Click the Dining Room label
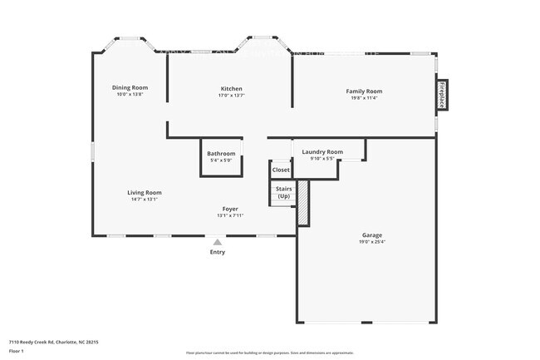pyautogui.click(x=130, y=87)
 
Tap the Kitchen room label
pyautogui.click(x=232, y=89)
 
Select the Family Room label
pyautogui.click(x=364, y=91)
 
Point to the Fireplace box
pyautogui.click(x=442, y=96)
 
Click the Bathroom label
pyautogui.click(x=221, y=154)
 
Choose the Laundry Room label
pyautogui.click(x=322, y=152)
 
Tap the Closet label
pyautogui.click(x=281, y=170)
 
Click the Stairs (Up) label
pyautogui.click(x=283, y=192)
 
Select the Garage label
pyautogui.click(x=371, y=235)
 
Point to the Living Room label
pyautogui.click(x=145, y=192)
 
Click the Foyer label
pyautogui.click(x=230, y=209)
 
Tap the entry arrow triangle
pyautogui.click(x=218, y=242)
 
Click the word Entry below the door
pyautogui.click(x=218, y=252)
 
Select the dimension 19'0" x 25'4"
pyautogui.click(x=371, y=242)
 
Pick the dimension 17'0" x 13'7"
pyautogui.click(x=232, y=96)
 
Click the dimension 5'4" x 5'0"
pyautogui.click(x=221, y=160)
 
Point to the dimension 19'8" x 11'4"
pyautogui.click(x=364, y=97)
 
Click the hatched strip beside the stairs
pyautogui.click(x=303, y=202)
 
